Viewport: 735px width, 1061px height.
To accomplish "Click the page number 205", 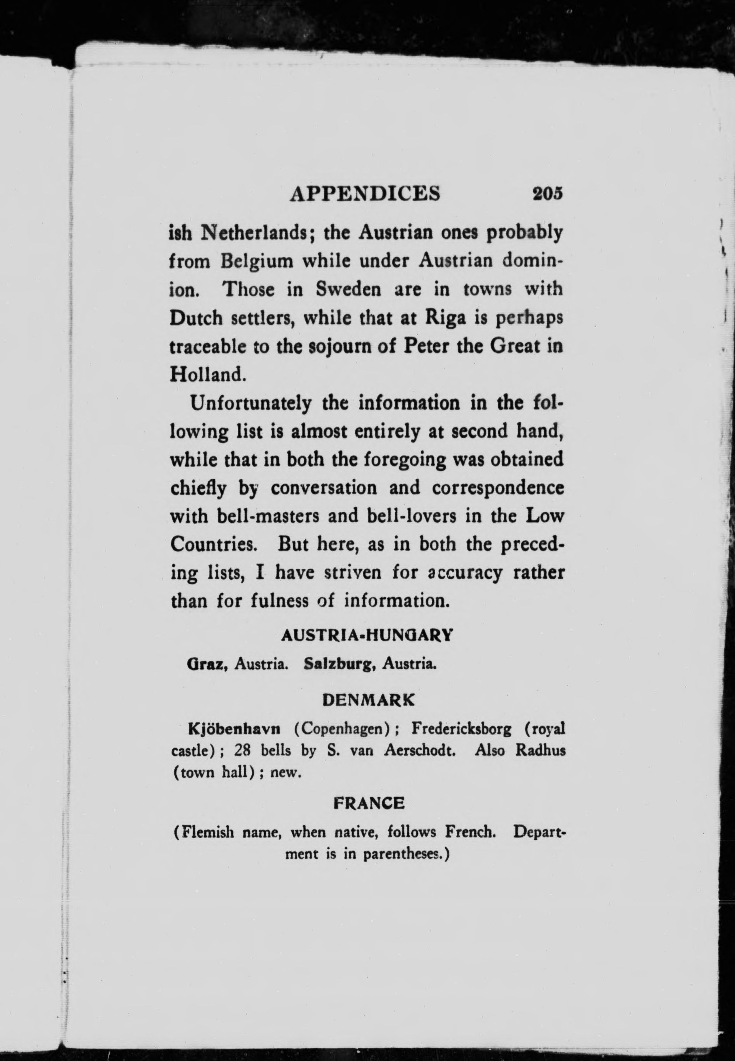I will [x=548, y=193].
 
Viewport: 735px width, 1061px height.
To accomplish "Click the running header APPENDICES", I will [x=365, y=193].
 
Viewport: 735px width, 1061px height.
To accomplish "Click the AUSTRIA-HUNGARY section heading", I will [x=367, y=636].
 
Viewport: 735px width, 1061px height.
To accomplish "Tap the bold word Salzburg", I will [x=339, y=664].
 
